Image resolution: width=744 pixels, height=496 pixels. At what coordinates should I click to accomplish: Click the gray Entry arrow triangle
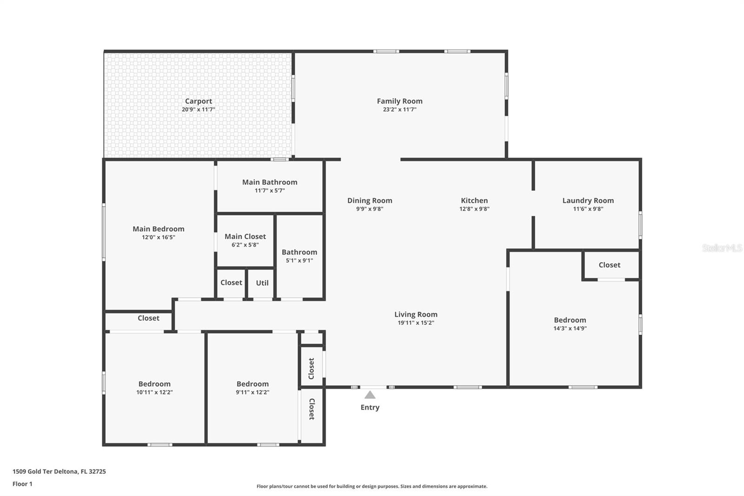(x=370, y=395)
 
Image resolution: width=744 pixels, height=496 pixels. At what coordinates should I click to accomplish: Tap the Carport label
(x=198, y=101)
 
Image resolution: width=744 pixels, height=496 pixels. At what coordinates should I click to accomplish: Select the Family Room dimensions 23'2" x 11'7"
(x=399, y=109)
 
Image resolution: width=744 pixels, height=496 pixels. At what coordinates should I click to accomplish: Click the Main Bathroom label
(x=270, y=182)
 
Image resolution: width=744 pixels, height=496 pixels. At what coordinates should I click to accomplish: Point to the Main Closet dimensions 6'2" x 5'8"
(x=245, y=245)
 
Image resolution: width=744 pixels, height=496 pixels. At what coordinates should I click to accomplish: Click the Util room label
(x=262, y=283)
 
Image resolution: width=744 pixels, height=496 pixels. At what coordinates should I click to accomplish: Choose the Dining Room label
(x=370, y=201)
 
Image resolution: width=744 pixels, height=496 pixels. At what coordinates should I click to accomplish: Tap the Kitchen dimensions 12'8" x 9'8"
(x=474, y=209)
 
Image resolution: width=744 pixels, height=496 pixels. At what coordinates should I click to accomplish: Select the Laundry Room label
(x=588, y=201)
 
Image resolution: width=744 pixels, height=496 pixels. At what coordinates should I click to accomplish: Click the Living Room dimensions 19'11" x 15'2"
(x=416, y=322)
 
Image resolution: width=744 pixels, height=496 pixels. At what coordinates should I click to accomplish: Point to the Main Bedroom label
(x=159, y=229)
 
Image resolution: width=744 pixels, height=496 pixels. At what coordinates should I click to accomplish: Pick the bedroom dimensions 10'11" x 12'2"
(x=154, y=392)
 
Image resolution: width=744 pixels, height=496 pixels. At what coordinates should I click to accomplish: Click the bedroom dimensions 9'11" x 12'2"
(x=252, y=392)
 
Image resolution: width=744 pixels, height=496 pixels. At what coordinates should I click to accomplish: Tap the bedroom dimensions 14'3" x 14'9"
(x=570, y=328)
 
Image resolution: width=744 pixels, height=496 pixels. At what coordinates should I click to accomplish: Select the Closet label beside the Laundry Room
(x=610, y=265)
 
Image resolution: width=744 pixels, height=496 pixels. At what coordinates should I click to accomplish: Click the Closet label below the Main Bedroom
(x=148, y=318)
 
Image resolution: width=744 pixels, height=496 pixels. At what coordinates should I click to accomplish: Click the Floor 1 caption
(x=23, y=484)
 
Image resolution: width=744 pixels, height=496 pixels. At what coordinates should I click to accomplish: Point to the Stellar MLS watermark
(x=722, y=248)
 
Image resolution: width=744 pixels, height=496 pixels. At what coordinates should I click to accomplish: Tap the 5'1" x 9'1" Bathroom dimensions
(x=299, y=260)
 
